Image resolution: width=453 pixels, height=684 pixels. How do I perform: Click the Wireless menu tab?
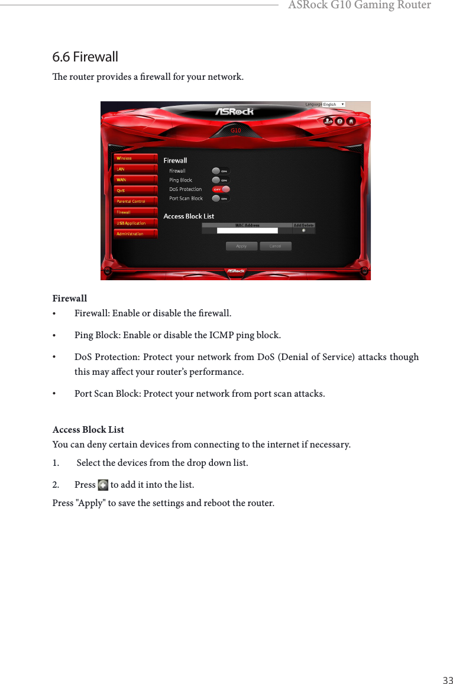click(135, 158)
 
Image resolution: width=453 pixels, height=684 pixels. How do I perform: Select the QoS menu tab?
click(135, 190)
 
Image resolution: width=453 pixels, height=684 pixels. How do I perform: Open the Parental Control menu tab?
click(135, 201)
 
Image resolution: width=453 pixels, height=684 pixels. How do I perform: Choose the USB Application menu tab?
click(135, 223)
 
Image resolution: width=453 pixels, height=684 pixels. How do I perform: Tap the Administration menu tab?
click(135, 234)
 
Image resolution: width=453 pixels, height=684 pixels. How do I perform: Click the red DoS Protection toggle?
click(221, 189)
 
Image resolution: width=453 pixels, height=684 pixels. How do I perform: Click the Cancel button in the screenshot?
click(275, 246)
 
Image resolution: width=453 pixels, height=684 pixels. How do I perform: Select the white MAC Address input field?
click(247, 231)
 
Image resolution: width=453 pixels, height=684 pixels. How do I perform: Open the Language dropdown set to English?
click(334, 105)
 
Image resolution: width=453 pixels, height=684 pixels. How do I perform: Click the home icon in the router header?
click(351, 121)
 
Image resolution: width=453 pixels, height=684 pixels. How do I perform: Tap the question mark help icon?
click(339, 121)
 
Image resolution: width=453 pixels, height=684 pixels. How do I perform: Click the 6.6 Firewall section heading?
click(85, 57)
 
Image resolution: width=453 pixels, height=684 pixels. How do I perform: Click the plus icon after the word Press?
click(103, 485)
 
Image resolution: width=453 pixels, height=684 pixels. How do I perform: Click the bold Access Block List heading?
click(88, 429)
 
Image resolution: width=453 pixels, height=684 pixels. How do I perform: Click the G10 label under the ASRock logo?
click(235, 130)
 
